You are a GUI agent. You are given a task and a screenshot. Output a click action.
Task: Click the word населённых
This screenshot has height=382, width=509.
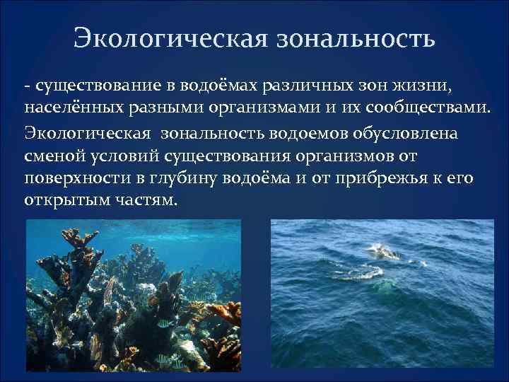pos(62,110)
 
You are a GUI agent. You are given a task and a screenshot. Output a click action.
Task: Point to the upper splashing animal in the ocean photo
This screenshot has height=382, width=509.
pos(382,251)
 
